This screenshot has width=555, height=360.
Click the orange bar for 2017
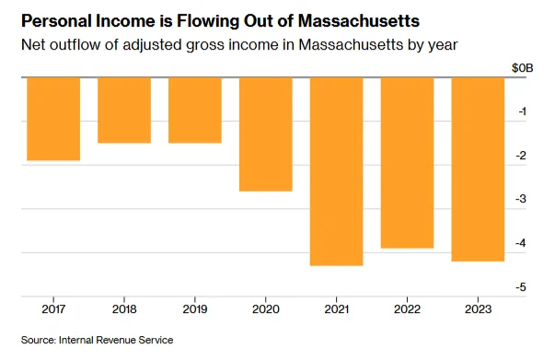[x=53, y=119]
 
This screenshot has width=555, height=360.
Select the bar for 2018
[x=124, y=110]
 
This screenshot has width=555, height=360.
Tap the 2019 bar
[x=195, y=110]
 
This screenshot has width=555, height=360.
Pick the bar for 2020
[x=266, y=134]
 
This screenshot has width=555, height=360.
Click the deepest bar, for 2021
[x=337, y=171]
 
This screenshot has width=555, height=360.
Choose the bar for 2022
[x=408, y=163]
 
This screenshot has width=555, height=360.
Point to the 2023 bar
[x=479, y=169]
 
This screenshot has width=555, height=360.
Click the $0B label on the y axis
[x=523, y=67]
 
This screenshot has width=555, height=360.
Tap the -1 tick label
[x=523, y=111]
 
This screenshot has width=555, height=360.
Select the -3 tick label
[x=521, y=199]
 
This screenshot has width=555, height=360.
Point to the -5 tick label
[x=521, y=286]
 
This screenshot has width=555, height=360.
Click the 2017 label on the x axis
[x=53, y=309]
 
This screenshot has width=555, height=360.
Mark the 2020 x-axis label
[x=266, y=309]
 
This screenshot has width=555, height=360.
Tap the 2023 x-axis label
[x=479, y=309]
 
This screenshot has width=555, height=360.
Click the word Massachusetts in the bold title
[x=359, y=21]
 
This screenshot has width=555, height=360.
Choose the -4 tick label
[x=521, y=243]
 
